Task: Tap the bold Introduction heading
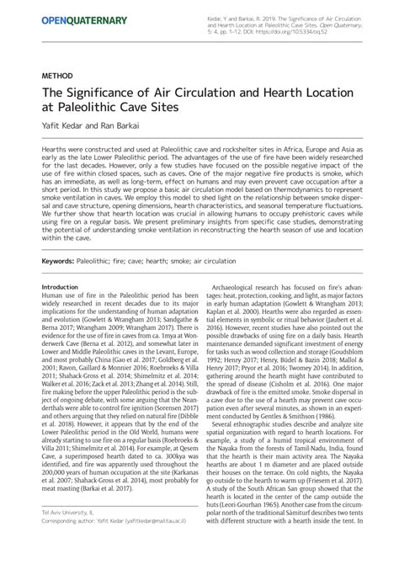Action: (60, 287)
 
